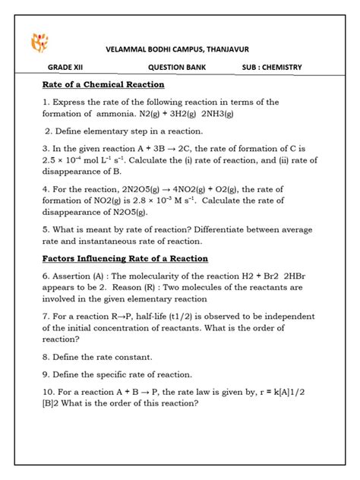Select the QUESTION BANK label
pos(178,67)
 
